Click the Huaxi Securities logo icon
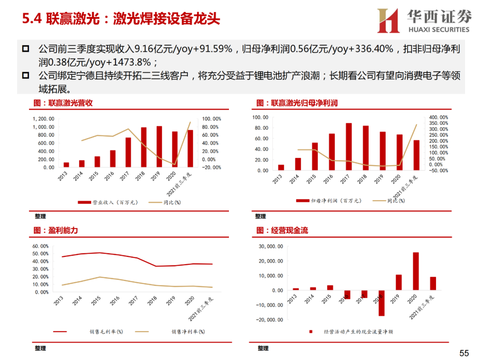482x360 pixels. (388, 21)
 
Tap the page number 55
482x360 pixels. (464, 353)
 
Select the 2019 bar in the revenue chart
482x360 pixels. (159, 146)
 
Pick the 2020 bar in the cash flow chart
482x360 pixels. (416, 271)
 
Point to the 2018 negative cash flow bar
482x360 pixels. (382, 303)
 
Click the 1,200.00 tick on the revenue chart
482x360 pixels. (44, 119)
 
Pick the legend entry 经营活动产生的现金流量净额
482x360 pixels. (354, 332)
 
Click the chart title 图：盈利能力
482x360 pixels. (56, 231)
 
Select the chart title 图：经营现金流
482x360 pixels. (282, 231)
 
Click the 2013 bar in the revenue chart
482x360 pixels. (66, 165)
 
